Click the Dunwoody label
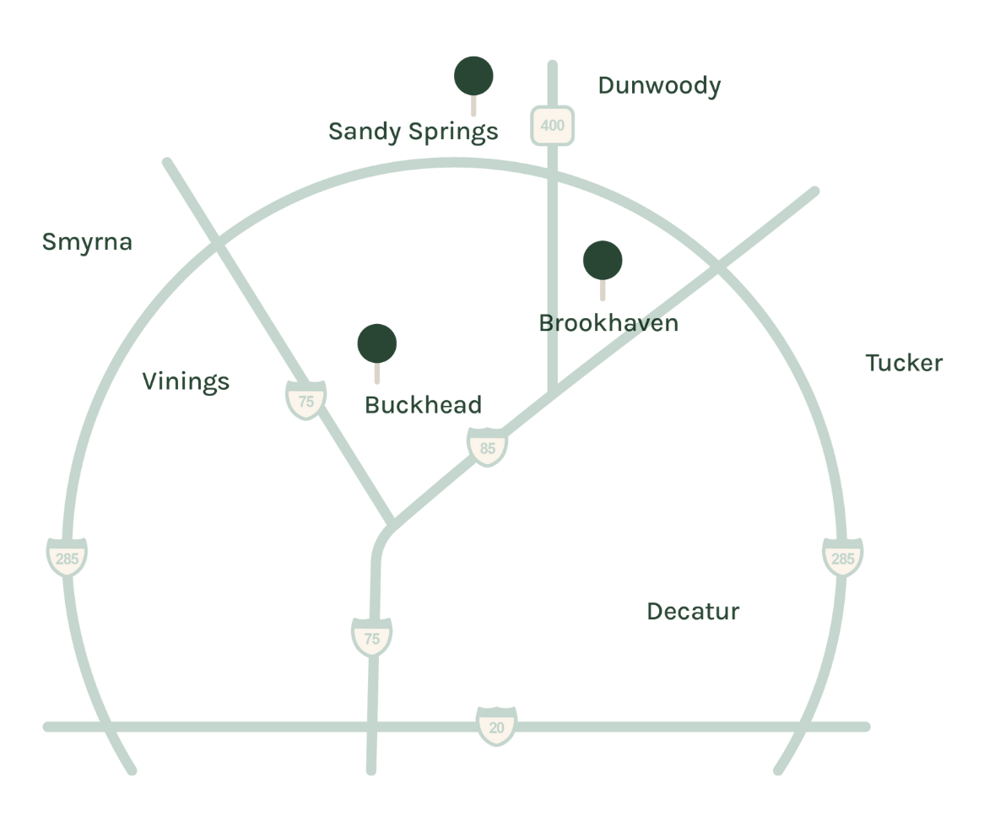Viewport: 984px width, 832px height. click(659, 86)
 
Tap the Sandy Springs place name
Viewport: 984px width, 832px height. click(413, 132)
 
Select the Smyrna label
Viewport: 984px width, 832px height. click(87, 242)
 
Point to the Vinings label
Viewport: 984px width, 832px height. click(186, 381)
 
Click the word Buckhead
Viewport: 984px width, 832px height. click(423, 405)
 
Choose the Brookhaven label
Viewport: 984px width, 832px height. click(608, 323)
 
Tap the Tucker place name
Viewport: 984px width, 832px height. click(904, 363)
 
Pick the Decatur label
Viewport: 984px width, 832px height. click(693, 612)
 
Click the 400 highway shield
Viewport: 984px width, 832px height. click(552, 126)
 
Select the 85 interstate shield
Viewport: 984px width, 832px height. click(488, 447)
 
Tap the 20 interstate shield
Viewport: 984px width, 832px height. click(496, 727)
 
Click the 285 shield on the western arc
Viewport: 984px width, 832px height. click(66, 558)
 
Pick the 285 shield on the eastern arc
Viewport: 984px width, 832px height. click(842, 558)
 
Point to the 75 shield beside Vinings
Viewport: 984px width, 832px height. click(305, 401)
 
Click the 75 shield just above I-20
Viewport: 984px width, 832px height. click(371, 638)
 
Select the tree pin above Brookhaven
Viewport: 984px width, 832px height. click(603, 262)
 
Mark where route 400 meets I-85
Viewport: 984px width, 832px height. click(552, 392)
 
